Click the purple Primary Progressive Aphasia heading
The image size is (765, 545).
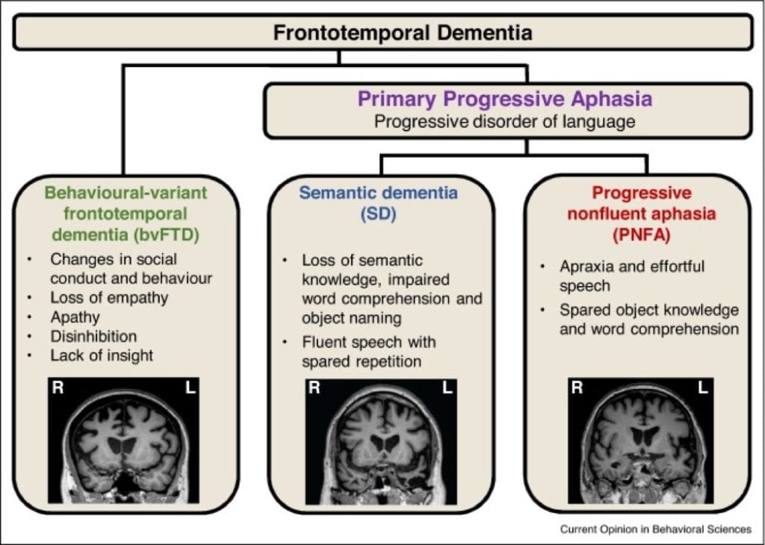[x=504, y=99]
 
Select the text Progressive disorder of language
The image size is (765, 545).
[x=504, y=122]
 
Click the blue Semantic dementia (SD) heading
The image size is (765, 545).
[x=379, y=202]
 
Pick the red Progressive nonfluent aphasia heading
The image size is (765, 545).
[x=642, y=212]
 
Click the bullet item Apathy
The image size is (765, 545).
[x=75, y=317]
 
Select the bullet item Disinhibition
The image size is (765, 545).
[x=93, y=336]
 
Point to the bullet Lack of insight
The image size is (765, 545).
[x=101, y=355]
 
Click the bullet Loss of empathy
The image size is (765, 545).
[x=109, y=297]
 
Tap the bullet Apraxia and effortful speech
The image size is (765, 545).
[x=631, y=276]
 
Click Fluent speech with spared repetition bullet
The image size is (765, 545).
[x=368, y=352]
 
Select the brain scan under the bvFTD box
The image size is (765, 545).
[x=124, y=440]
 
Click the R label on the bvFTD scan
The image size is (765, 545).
[x=58, y=389]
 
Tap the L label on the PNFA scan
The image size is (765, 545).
[x=702, y=387]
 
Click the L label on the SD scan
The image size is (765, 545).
[x=447, y=388]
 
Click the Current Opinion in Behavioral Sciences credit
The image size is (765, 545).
[x=655, y=529]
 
